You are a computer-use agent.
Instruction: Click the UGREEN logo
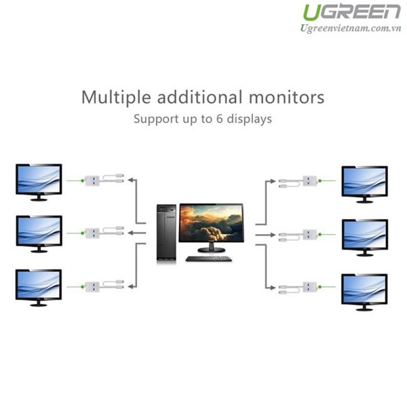351,12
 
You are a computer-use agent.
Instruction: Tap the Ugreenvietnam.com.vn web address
351,28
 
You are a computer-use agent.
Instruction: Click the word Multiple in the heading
116,98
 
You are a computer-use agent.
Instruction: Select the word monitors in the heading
286,97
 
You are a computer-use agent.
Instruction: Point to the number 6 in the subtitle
219,119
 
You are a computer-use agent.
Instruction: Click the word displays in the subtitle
249,119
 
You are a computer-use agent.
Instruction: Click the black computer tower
166,232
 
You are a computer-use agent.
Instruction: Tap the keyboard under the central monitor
209,259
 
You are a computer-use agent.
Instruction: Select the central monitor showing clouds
211,228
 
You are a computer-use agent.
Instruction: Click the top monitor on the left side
39,182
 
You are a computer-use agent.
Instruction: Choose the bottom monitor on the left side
39,288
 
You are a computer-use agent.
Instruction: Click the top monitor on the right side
364,185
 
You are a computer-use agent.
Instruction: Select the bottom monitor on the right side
364,292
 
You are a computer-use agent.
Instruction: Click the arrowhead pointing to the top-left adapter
131,180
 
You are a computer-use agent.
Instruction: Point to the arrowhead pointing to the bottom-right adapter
272,288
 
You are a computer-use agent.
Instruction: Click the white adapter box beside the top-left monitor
92,180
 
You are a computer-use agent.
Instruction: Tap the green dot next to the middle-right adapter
319,235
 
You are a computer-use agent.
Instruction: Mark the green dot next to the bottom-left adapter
83,287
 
